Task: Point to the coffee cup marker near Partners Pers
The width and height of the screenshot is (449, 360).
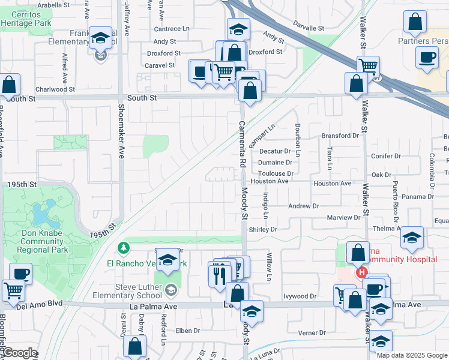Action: [x=427, y=58]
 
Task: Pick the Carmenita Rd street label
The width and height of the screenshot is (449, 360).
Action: [x=243, y=144]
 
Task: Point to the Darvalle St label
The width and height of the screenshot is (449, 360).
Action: [x=309, y=28]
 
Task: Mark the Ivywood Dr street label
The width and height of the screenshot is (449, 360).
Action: [x=300, y=296]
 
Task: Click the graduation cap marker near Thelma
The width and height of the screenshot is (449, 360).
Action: [x=412, y=238]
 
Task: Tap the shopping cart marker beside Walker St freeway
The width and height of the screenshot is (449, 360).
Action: [x=368, y=67]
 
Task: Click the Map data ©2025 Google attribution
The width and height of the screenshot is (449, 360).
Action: [x=412, y=355]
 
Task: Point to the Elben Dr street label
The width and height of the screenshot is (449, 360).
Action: [x=187, y=330]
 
